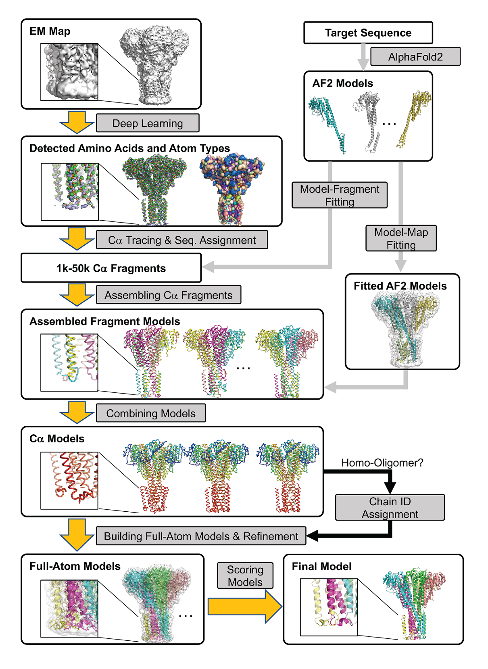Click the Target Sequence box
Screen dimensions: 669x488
pos(368,33)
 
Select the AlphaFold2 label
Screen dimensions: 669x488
pos(415,57)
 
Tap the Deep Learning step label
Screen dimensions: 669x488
pos(147,123)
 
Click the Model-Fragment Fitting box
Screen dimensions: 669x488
pos(339,195)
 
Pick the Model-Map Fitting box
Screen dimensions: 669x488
pos(401,238)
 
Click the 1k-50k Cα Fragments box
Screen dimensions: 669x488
pos(111,268)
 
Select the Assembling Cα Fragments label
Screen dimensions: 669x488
pos(168,295)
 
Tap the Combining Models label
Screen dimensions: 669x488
pos(150,413)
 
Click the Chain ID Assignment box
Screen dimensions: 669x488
pos(390,508)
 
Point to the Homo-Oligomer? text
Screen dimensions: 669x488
pos(382,463)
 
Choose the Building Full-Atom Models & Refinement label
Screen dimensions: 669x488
pos(201,536)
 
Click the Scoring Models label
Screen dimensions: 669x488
pos(245,576)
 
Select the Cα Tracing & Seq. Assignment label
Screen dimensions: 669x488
pos(181,240)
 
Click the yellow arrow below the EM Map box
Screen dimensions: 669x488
pos(77,122)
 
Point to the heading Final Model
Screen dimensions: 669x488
pos(321,567)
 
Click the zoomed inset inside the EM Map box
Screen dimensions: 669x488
pos(69,72)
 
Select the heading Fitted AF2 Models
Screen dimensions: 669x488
pos(400,286)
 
